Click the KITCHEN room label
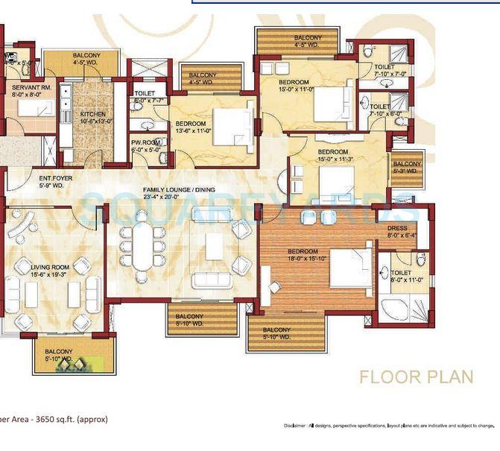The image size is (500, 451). coord(93,114)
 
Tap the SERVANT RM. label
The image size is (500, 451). coord(31,87)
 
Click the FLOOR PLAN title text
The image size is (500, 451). coord(416,376)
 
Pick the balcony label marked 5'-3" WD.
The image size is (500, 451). coord(407,168)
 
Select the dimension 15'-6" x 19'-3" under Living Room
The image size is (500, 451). coord(50,274)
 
